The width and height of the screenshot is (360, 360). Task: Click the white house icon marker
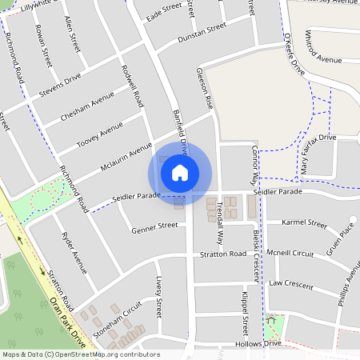[x=180, y=172]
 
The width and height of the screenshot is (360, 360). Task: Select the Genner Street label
[x=155, y=227]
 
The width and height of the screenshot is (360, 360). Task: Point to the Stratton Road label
[x=223, y=254]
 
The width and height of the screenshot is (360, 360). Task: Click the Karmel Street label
[x=306, y=223]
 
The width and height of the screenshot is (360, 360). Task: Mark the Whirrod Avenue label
[x=318, y=59]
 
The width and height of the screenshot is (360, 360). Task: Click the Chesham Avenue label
[x=87, y=110]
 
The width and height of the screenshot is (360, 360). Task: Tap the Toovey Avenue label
[x=99, y=135]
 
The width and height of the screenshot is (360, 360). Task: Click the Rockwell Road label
[x=133, y=86]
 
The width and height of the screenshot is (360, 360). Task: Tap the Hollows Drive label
[x=261, y=343]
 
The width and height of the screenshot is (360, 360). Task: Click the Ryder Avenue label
[x=74, y=249]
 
